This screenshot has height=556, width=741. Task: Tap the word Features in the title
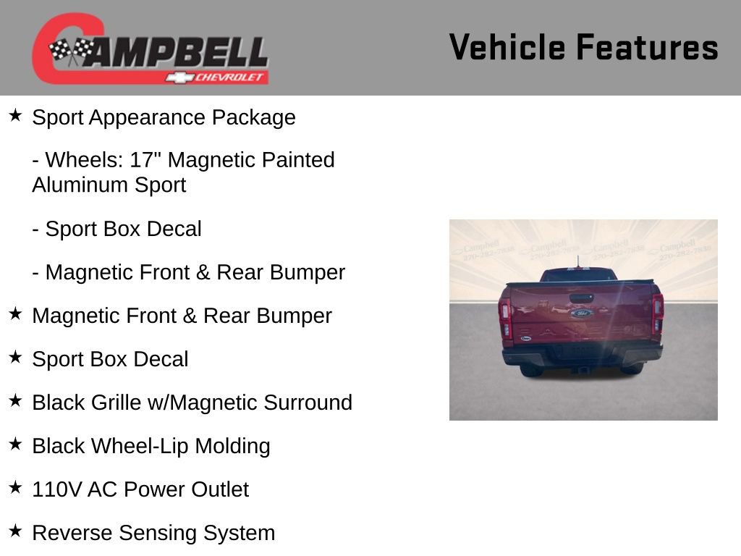point(647,47)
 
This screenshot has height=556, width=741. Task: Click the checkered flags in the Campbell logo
point(72,51)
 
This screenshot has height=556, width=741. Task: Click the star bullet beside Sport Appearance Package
point(15,116)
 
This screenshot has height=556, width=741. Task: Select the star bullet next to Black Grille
point(15,401)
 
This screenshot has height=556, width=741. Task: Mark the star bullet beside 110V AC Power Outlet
point(15,488)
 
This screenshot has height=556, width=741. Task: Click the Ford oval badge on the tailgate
point(581,313)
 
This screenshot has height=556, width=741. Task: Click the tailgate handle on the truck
point(581,298)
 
